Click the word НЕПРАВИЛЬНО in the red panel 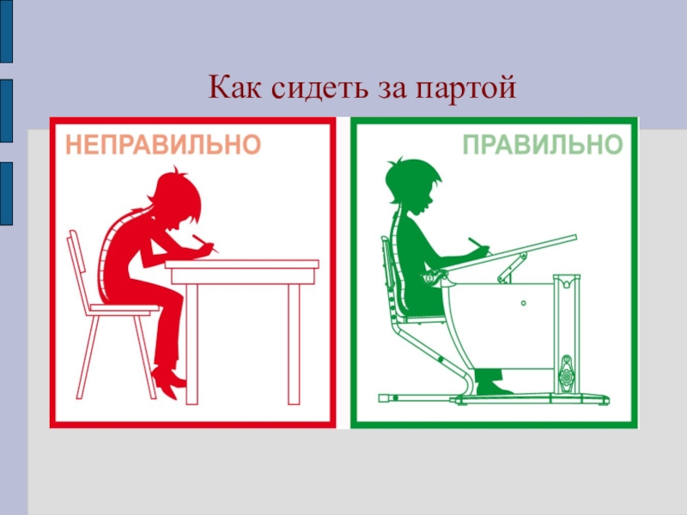coord(163,144)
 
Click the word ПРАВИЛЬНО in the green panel coord(543,144)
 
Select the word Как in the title coord(234,87)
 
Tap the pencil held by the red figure coord(205,244)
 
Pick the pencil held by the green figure coord(478,245)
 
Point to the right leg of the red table coord(294,344)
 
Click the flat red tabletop coord(242,264)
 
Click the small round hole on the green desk coord(524,303)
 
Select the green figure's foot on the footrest coord(493,388)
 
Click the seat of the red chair coord(124,309)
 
